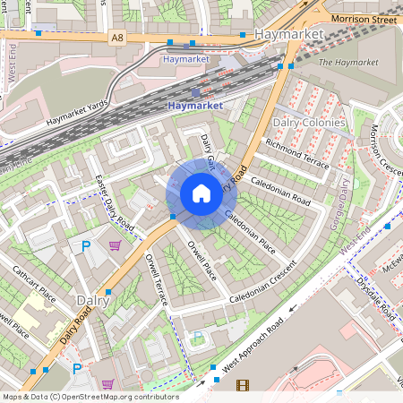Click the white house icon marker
[x=201, y=193]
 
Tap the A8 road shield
[x=117, y=38]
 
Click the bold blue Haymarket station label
[x=193, y=105]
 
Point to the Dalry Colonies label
[x=309, y=122]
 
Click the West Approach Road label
[x=253, y=342]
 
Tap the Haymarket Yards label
[x=78, y=113]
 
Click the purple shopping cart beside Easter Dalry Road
[x=115, y=244]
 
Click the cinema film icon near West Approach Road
[x=242, y=386]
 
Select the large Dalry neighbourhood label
[x=92, y=302]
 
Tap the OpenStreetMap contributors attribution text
[x=90, y=397]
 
